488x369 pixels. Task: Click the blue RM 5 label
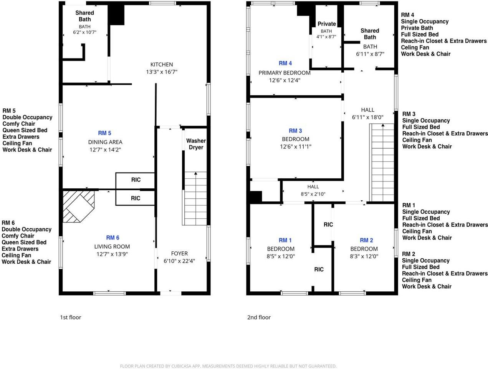[104, 133]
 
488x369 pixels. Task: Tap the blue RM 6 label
[113, 238]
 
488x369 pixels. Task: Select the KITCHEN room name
[162, 65]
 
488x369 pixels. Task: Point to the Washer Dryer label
[196, 144]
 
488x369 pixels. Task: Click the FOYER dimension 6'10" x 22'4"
[179, 261]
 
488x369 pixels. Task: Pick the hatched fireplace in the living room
[78, 206]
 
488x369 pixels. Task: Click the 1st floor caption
[71, 317]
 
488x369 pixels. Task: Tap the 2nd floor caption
[259, 317]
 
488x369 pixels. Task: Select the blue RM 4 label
[285, 63]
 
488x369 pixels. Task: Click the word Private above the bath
[327, 24]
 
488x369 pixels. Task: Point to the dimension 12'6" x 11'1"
[296, 146]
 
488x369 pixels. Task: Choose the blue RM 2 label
[366, 240]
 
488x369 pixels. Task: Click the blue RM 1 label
[285, 240]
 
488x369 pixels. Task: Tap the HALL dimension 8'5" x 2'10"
[313, 194]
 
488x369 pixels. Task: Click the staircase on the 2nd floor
[382, 163]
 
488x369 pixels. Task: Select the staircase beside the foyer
[195, 198]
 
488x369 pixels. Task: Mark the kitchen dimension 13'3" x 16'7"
[162, 72]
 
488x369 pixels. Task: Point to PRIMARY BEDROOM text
[285, 73]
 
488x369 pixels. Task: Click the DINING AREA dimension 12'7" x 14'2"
[105, 150]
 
